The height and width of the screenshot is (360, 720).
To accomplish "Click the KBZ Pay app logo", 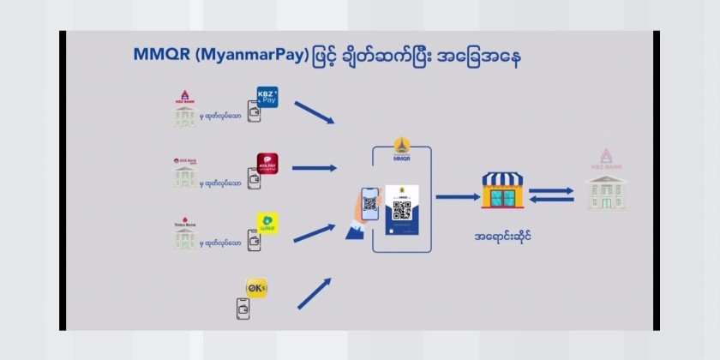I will click(269, 97).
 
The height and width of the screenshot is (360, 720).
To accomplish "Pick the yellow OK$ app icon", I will click(256, 287).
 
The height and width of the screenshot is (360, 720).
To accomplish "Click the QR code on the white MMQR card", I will click(401, 209).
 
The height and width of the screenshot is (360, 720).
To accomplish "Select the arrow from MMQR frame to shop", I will click(456, 196).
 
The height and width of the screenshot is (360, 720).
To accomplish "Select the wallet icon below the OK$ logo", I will click(243, 309).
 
